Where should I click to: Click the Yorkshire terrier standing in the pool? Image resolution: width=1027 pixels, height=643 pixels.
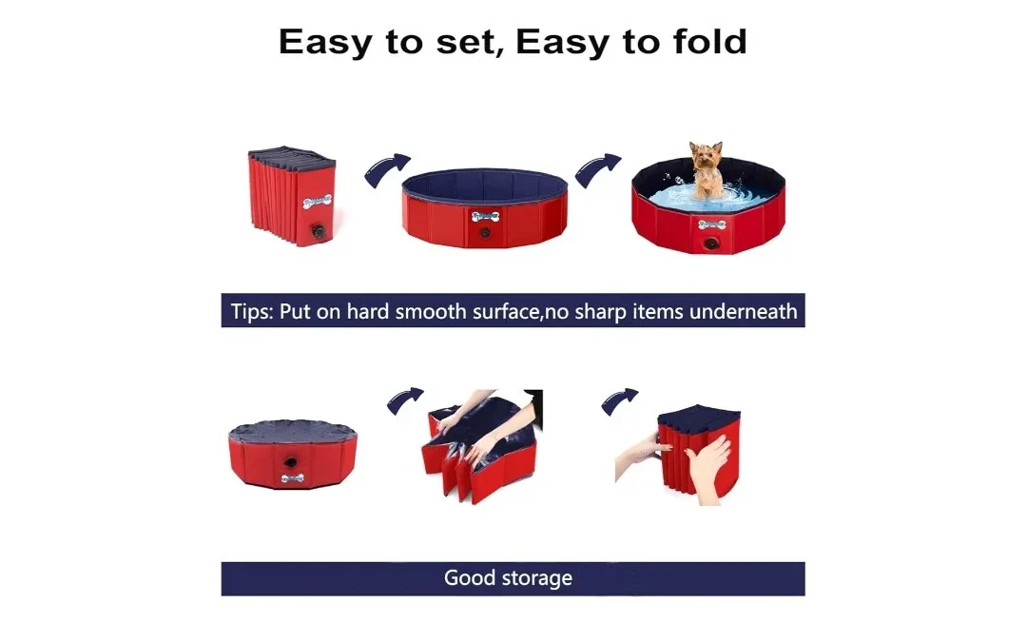(x=704, y=168)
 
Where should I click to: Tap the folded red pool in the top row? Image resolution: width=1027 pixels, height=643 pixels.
(x=290, y=195)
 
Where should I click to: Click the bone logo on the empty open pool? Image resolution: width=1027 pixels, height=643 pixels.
(x=484, y=215)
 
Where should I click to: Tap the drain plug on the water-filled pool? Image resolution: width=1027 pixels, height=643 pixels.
(x=710, y=244)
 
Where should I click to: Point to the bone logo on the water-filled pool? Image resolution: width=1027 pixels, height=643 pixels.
(x=710, y=224)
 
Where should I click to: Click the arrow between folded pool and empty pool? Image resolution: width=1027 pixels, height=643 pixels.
(x=386, y=169)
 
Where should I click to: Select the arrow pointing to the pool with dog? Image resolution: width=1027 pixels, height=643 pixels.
(x=597, y=169)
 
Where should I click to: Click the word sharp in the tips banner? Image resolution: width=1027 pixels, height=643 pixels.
(x=597, y=311)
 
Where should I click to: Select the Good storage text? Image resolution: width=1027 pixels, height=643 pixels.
(x=508, y=578)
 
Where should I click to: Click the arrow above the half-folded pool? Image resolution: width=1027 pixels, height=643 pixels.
(x=405, y=400)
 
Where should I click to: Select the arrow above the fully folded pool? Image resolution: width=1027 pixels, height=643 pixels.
(x=619, y=400)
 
